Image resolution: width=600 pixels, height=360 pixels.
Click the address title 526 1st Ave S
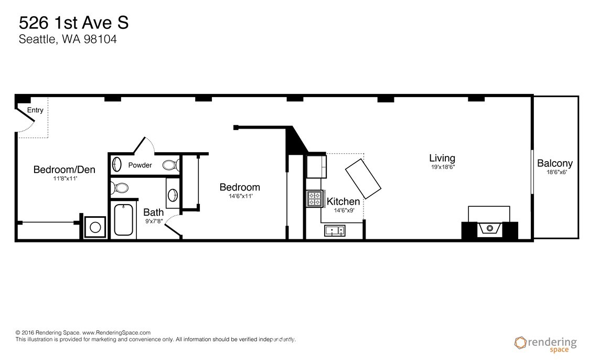click(x=73, y=23)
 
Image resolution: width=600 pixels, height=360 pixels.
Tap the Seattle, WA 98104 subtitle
click(x=67, y=39)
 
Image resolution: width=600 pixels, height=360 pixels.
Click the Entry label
click(x=35, y=110)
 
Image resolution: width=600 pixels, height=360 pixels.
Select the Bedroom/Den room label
click(x=64, y=170)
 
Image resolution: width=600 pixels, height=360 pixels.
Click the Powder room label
click(x=140, y=165)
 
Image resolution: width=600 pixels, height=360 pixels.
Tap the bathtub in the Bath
click(x=125, y=220)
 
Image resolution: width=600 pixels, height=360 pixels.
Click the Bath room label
click(x=153, y=213)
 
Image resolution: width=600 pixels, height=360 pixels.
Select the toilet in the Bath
click(x=121, y=188)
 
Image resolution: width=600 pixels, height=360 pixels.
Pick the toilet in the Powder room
click(x=169, y=165)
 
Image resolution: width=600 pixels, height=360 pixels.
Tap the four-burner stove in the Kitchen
click(x=314, y=198)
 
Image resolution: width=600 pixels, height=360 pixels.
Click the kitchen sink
click(x=335, y=230)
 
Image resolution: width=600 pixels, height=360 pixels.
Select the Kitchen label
click(x=344, y=202)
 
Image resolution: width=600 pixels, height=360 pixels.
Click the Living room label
click(x=442, y=158)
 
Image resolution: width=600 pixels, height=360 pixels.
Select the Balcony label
click(x=554, y=164)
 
